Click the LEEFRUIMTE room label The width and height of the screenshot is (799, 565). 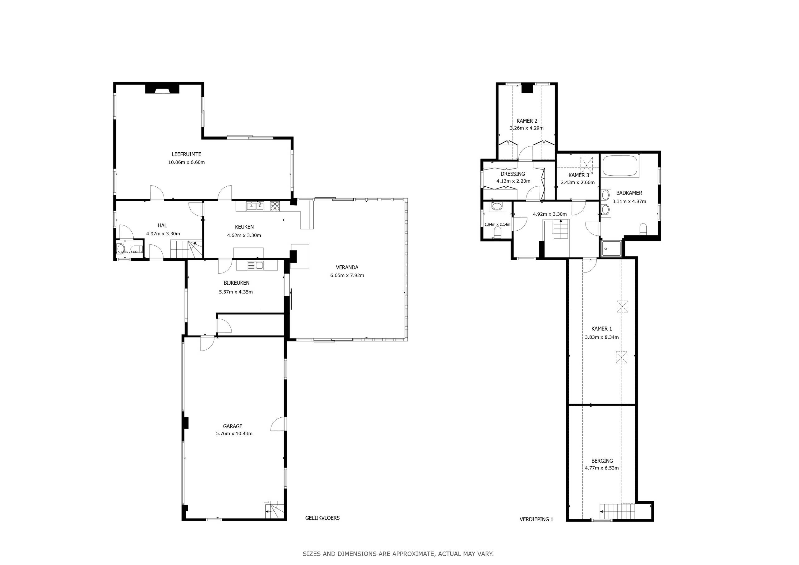(186, 154)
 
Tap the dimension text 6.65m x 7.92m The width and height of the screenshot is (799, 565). (347, 275)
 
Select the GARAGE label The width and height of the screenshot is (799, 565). (233, 426)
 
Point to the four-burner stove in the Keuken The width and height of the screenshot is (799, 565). (275, 206)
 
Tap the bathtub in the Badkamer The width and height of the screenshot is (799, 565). (620, 166)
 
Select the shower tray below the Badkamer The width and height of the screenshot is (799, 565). (611, 248)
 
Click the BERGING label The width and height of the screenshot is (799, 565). (602, 460)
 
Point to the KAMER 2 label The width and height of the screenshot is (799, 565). (527, 121)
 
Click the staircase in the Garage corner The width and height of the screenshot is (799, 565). (275, 510)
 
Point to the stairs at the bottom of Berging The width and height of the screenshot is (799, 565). (617, 511)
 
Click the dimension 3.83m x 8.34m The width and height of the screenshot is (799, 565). (601, 337)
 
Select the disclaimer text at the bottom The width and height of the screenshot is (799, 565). (398, 553)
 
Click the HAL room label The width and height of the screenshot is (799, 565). (162, 226)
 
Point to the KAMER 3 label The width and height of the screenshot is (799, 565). (579, 175)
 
